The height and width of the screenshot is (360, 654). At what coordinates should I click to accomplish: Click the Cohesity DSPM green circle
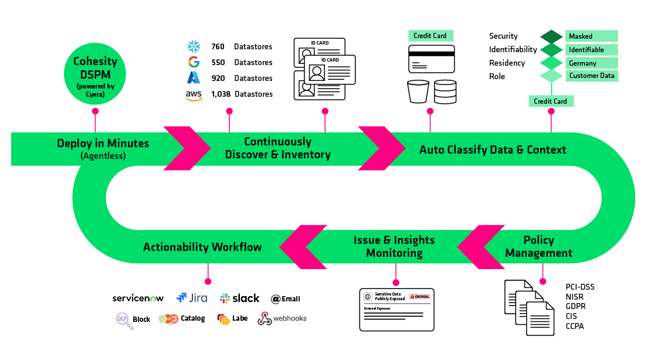[95, 73]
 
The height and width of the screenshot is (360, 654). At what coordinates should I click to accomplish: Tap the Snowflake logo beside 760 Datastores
[193, 46]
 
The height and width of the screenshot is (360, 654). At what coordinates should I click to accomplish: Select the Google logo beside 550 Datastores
[193, 62]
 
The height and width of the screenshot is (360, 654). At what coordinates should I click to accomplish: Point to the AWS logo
[194, 94]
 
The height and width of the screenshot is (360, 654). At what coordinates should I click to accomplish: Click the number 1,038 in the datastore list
[221, 94]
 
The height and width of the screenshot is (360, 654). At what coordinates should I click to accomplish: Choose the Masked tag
[591, 36]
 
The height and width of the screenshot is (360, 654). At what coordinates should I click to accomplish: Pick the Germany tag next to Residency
[591, 63]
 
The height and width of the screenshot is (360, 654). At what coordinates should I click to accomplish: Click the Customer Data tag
[591, 76]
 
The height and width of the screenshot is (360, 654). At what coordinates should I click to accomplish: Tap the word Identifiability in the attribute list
[513, 49]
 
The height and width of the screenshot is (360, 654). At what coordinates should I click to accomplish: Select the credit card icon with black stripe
[432, 59]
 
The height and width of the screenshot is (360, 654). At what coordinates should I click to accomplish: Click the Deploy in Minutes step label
[103, 143]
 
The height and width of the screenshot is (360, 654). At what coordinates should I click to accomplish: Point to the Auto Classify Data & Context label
[493, 150]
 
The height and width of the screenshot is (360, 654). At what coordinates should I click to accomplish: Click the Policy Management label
[538, 247]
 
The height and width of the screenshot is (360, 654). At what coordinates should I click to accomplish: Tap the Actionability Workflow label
[202, 247]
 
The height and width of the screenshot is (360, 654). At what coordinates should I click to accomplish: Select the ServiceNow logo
[138, 298]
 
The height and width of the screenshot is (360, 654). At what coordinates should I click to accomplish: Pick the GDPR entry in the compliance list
[575, 306]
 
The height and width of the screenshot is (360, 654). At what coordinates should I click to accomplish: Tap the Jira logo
[191, 298]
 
